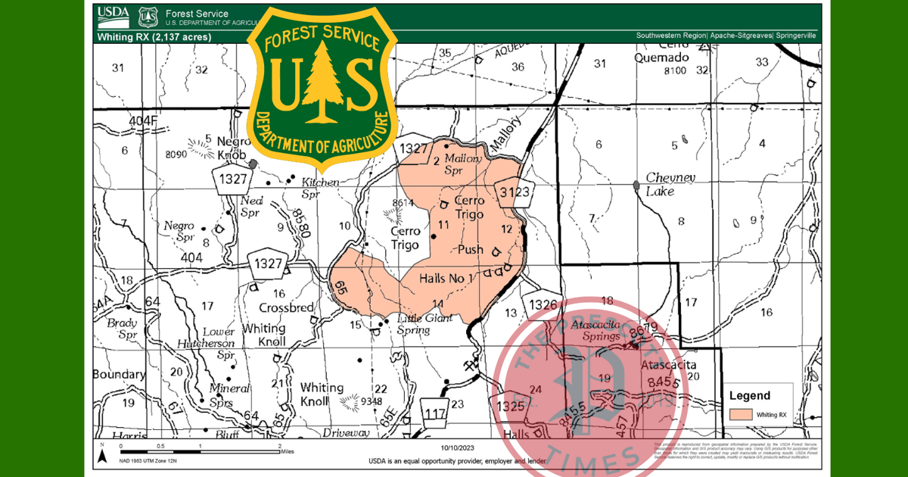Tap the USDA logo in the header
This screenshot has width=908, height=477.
[113, 14]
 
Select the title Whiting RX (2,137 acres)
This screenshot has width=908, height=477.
[154, 36]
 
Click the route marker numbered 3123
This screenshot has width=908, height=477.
[514, 193]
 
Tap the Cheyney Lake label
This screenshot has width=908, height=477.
[670, 184]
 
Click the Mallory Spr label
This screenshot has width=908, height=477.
[463, 164]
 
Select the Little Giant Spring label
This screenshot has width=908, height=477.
[424, 323]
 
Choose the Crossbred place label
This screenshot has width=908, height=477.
[287, 308]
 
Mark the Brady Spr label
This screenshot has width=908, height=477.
[122, 327]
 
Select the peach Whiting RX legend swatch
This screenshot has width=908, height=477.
[742, 414]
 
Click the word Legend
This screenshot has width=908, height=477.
[749, 395]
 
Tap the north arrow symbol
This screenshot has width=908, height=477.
[102, 454]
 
